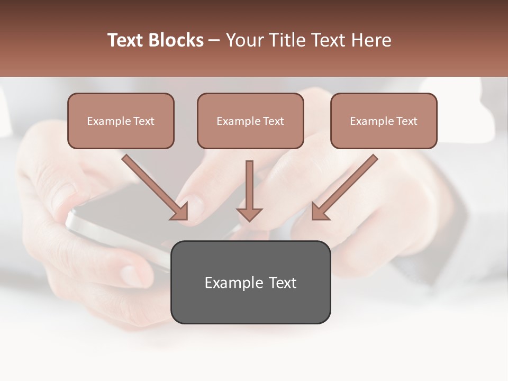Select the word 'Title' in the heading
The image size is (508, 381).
[x=286, y=40]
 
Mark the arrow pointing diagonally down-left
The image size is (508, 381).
[x=344, y=187]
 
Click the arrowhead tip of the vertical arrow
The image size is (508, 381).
[x=249, y=220]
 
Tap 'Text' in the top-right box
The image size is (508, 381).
[x=406, y=121]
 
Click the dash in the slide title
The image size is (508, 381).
[x=214, y=41]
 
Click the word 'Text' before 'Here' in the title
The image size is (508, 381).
[x=328, y=40]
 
